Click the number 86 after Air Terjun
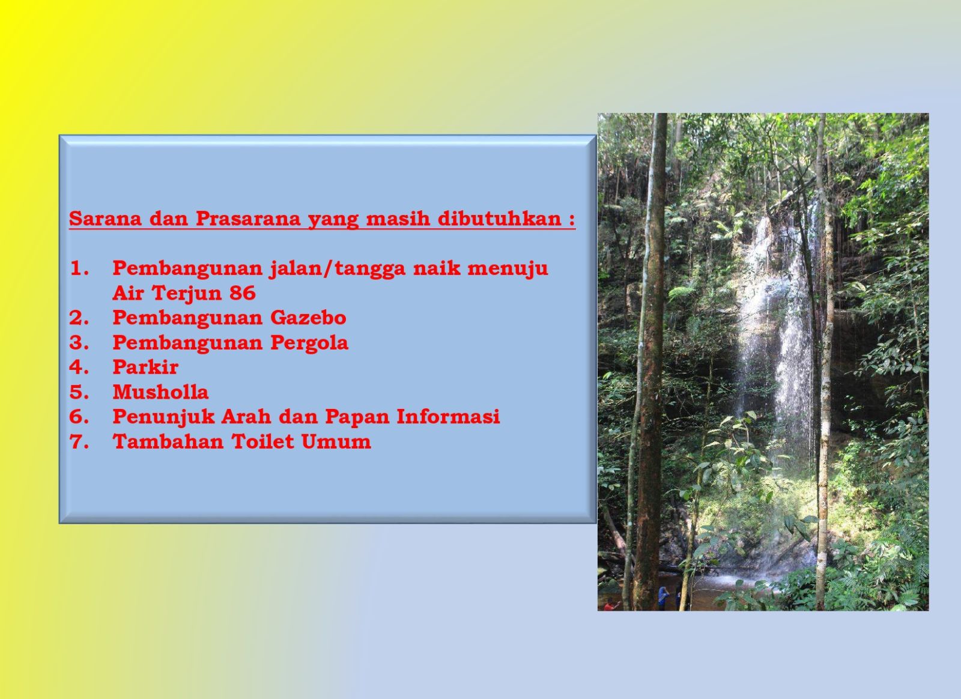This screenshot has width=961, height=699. point(243,293)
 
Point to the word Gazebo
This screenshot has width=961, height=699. point(308,318)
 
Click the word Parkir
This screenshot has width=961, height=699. point(145,367)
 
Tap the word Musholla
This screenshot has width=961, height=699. point(160,392)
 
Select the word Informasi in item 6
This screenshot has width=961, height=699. point(448,416)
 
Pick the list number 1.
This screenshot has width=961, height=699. point(79,268)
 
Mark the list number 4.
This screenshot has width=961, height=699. point(79,368)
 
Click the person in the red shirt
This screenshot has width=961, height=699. point(610,605)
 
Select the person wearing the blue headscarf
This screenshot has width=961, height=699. point(663,598)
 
